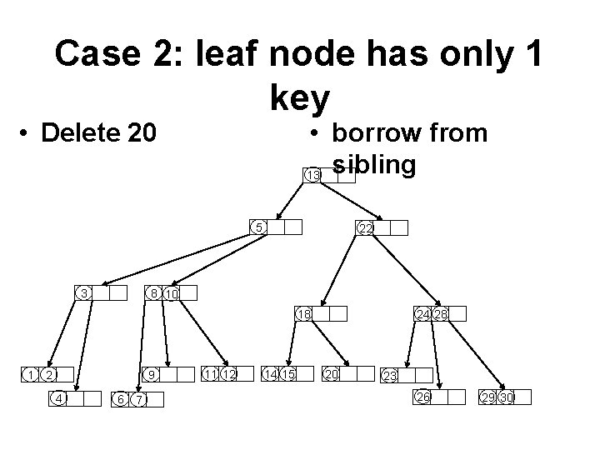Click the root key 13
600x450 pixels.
(313, 175)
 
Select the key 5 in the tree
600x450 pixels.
(259, 227)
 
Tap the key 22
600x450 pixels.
(365, 228)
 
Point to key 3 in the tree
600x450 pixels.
(84, 292)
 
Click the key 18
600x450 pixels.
(305, 313)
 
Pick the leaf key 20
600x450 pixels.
(332, 374)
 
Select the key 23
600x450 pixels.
(388, 377)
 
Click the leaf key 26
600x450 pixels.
(423, 397)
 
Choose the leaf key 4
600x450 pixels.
(58, 397)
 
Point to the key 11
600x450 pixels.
(210, 374)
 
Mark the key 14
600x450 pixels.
(271, 374)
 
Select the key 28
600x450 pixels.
(441, 313)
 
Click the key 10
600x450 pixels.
(171, 293)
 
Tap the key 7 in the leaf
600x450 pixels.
(139, 400)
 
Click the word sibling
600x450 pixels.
(373, 164)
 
